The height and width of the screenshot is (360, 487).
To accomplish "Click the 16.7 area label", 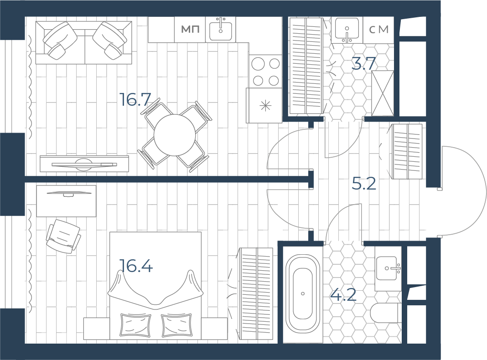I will pyautogui.click(x=135, y=100).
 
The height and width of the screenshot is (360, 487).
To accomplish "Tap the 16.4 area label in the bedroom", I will pyautogui.click(x=136, y=266).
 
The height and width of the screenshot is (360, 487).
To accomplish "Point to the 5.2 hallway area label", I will pyautogui.click(x=364, y=184).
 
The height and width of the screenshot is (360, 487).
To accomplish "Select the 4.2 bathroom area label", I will pyautogui.click(x=343, y=295).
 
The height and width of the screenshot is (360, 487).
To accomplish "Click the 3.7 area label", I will pyautogui.click(x=364, y=64).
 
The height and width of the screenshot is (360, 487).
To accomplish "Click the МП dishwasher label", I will pyautogui.click(x=190, y=30).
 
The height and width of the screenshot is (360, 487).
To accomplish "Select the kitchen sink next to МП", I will pyautogui.click(x=221, y=30).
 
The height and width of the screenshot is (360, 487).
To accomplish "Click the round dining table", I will pyautogui.click(x=175, y=135).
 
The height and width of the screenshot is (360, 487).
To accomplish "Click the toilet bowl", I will pyautogui.click(x=385, y=313).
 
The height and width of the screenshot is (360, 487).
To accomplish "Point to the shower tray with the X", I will pyautogui.click(x=383, y=93).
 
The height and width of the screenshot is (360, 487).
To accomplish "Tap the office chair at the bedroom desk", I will pyautogui.click(x=63, y=236).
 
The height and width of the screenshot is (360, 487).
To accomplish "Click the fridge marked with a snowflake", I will pyautogui.click(x=265, y=106).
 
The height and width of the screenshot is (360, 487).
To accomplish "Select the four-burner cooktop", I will pyautogui.click(x=266, y=71).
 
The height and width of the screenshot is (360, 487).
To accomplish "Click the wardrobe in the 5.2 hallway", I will pyautogui.click(x=407, y=151).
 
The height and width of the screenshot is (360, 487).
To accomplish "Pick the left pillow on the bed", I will pyautogui.click(x=135, y=325).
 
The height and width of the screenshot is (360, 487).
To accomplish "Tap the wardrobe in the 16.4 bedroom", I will pyautogui.click(x=256, y=294).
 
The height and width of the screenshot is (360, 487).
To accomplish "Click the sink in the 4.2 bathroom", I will pyautogui.click(x=388, y=268).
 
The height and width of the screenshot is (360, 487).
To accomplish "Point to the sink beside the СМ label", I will pyautogui.click(x=347, y=30).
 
